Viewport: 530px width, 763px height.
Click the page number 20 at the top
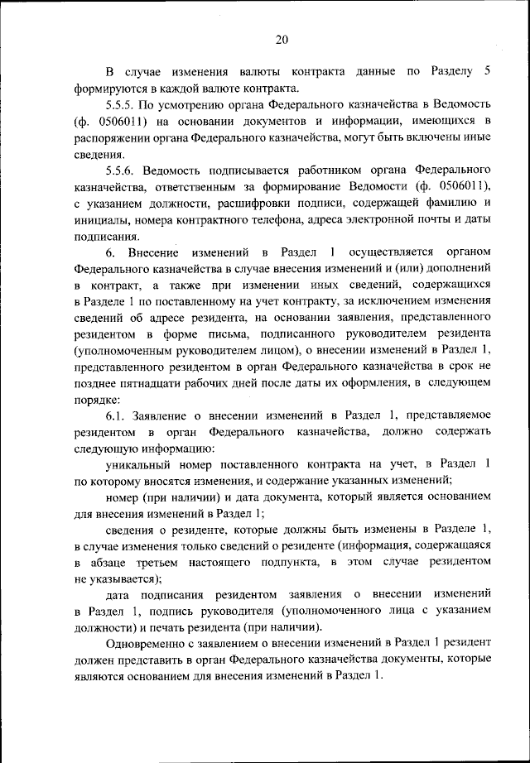[281, 39]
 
